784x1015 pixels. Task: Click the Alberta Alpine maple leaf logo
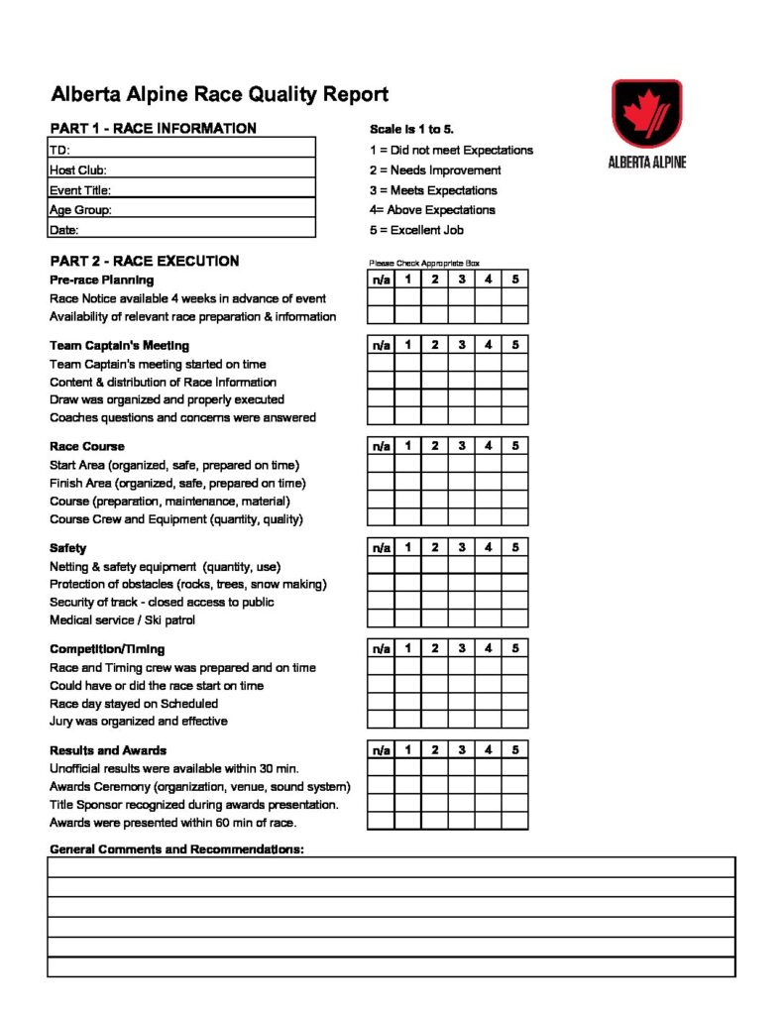(646, 112)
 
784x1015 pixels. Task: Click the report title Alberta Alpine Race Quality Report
(219, 95)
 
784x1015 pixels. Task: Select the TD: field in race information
(182, 149)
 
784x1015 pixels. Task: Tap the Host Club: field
(182, 169)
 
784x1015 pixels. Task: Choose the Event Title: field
(182, 188)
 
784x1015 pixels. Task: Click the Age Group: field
(182, 208)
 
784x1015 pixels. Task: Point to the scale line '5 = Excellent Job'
(416, 230)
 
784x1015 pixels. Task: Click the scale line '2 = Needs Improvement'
(435, 170)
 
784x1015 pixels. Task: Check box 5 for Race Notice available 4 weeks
(514, 297)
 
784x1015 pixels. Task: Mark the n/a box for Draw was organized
(381, 398)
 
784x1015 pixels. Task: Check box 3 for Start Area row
(461, 464)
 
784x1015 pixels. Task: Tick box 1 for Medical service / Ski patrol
(407, 619)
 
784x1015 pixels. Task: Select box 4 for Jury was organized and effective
(488, 720)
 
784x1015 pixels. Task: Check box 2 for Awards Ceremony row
(434, 785)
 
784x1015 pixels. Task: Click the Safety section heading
(67, 548)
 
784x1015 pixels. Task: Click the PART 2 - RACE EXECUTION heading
(144, 262)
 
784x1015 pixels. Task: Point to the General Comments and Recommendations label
(176, 849)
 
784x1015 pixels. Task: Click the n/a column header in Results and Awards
(381, 749)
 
